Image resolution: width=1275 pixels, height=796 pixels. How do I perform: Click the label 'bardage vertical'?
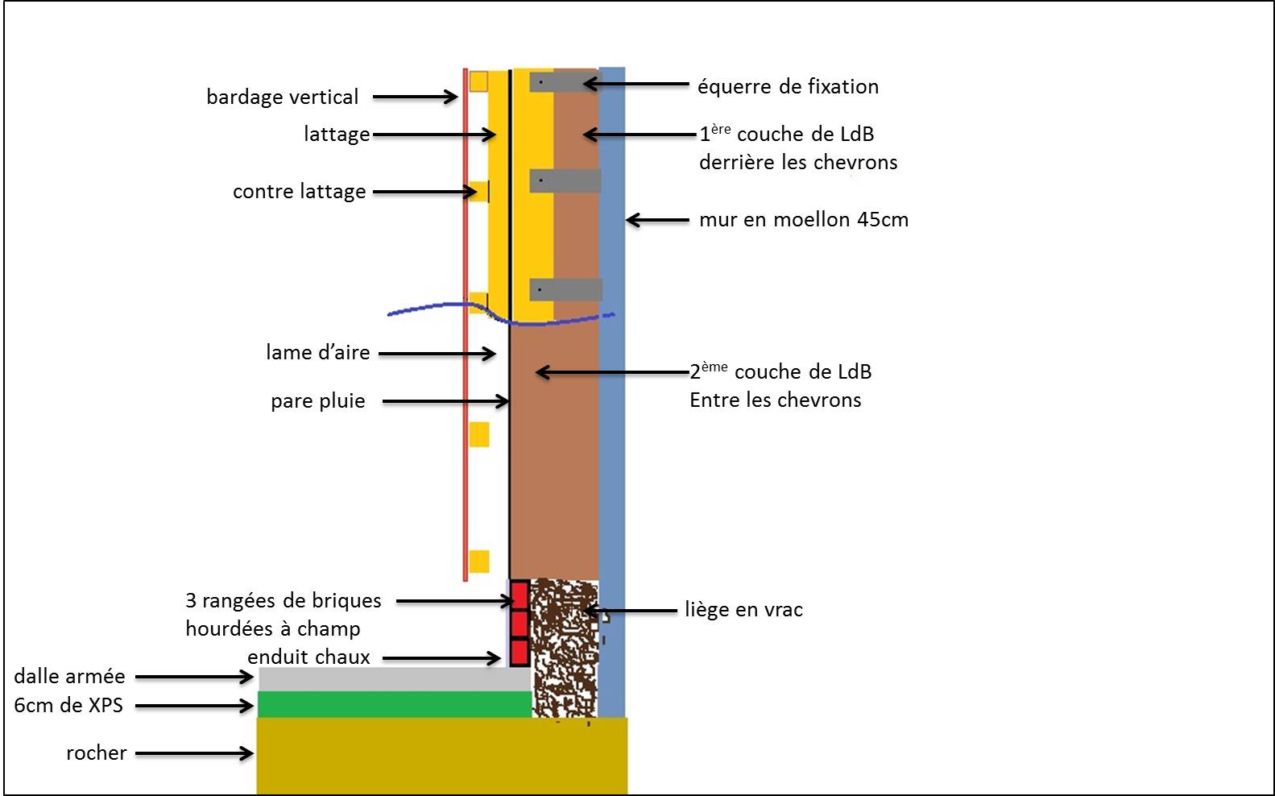coord(282,97)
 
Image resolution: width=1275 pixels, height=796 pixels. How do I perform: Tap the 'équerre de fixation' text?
coord(788,87)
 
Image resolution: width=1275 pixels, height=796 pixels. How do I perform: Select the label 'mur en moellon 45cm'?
coord(803,220)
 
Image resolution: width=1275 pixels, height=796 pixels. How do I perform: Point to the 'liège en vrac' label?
coord(743,610)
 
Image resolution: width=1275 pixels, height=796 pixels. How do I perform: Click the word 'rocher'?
coord(97,753)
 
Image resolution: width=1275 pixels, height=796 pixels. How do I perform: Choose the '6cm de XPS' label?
coord(68,706)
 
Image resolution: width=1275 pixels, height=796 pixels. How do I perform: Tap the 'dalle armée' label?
coord(69,676)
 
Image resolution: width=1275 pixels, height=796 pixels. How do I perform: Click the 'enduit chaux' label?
coord(308,657)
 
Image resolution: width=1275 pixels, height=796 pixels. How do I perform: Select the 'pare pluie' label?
coord(317,401)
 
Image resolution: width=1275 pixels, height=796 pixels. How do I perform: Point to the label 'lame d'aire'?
coord(317,353)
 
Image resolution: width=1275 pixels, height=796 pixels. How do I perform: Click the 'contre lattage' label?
coord(299,192)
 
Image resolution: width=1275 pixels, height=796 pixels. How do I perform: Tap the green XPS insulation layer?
coord(394,704)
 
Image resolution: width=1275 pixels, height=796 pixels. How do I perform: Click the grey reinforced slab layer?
coord(394,678)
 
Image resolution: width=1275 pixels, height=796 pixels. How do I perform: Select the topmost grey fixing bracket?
coord(565,81)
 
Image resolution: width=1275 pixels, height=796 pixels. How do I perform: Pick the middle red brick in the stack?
coord(520,624)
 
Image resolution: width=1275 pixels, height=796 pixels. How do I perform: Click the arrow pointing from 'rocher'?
coord(194,753)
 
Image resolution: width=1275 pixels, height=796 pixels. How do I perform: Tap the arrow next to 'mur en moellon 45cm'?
coord(657,220)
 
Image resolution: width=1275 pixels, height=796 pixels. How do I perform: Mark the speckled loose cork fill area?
coord(565,645)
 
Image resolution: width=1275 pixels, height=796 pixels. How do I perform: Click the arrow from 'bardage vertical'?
coord(415,97)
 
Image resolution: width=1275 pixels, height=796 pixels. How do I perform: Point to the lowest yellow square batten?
coord(479,562)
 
